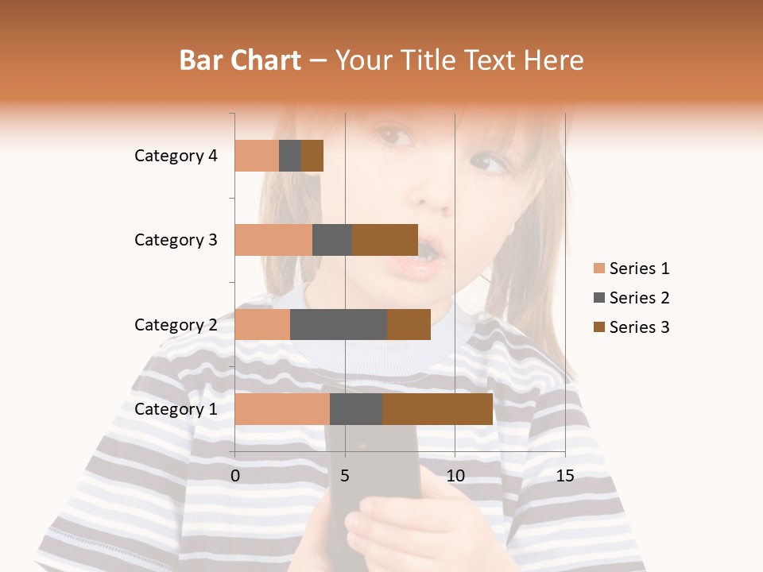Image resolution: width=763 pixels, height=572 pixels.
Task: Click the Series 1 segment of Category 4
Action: [x=257, y=156]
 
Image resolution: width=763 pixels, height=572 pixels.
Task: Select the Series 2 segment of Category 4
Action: [x=290, y=156]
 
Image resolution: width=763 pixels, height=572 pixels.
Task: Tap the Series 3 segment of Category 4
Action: [x=312, y=156]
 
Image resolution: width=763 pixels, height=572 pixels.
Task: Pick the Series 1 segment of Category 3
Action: [x=273, y=240]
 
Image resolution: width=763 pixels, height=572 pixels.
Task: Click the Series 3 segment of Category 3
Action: [x=385, y=240]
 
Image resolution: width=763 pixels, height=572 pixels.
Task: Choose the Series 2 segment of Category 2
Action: [x=339, y=324]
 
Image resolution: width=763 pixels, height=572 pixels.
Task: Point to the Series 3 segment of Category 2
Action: [x=409, y=324]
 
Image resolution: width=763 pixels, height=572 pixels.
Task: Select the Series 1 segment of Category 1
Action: [x=282, y=409]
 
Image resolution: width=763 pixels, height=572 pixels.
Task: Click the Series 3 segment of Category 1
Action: [x=437, y=409]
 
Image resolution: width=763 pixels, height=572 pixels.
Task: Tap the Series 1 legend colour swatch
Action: [x=598, y=269]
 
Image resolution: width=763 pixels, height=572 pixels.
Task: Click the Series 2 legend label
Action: [x=639, y=298]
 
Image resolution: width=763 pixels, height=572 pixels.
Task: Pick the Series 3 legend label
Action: [x=639, y=327]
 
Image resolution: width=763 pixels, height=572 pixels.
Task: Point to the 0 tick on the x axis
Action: [x=235, y=476]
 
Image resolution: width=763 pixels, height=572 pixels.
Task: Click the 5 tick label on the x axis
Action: [x=345, y=476]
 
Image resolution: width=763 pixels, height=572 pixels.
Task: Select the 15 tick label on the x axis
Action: [x=565, y=476]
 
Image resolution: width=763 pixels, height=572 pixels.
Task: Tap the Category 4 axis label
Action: [x=176, y=156]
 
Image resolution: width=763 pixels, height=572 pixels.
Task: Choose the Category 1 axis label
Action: [x=176, y=409]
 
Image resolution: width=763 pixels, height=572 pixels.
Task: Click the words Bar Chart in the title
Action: [x=240, y=60]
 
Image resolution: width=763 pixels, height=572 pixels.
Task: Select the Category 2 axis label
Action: [x=176, y=324]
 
